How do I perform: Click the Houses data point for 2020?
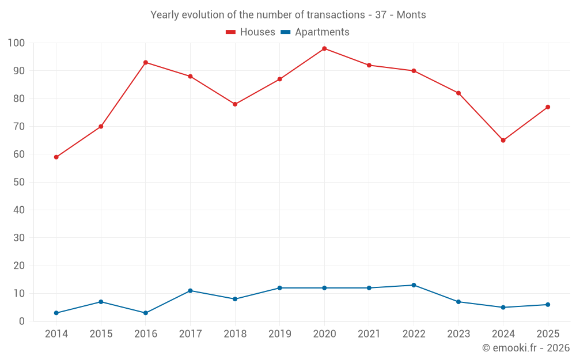click(324, 48)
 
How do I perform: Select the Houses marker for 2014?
click(56, 157)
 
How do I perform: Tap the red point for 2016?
click(146, 62)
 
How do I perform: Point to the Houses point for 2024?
click(503, 141)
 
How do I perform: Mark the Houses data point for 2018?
click(235, 104)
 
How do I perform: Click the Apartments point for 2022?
click(414, 285)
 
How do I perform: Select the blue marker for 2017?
click(190, 290)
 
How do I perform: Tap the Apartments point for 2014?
click(56, 313)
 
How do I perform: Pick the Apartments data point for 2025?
click(548, 305)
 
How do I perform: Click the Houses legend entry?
click(251, 32)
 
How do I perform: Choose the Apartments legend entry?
click(315, 32)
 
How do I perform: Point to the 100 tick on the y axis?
click(16, 43)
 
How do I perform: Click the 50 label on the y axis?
click(19, 182)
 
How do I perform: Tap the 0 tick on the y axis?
click(22, 321)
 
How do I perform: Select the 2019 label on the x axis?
click(279, 334)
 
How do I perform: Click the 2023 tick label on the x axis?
click(458, 334)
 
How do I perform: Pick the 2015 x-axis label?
click(101, 334)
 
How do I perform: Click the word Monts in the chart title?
click(411, 15)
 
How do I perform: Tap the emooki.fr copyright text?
click(526, 347)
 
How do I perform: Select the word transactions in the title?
click(336, 15)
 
